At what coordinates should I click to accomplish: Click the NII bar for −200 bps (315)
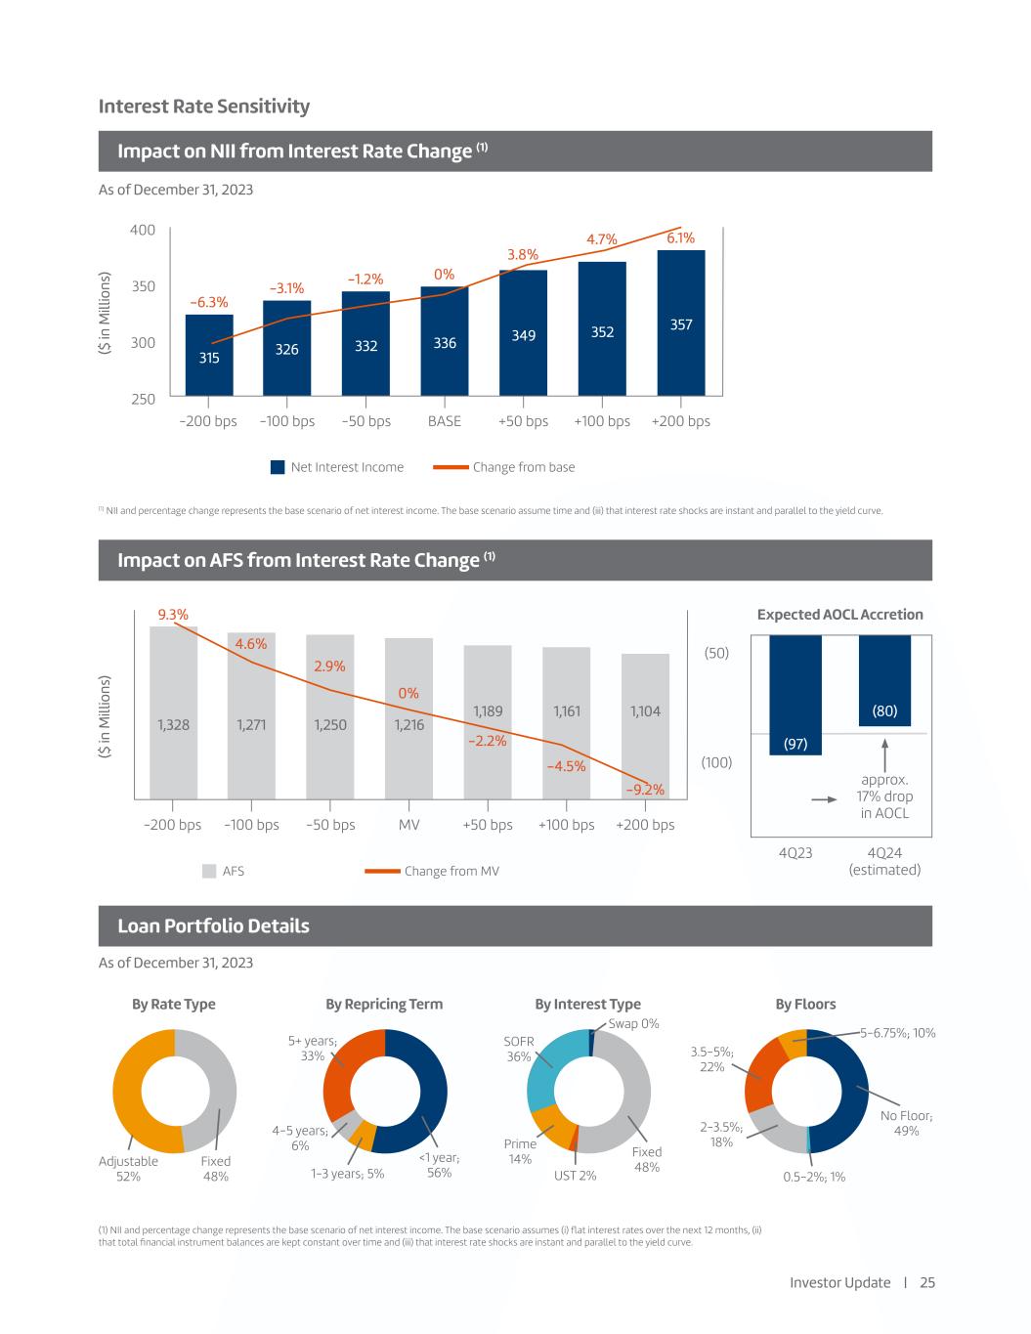click(x=209, y=356)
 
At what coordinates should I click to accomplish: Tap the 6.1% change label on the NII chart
click(x=681, y=237)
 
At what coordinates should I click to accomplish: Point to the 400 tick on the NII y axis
click(x=143, y=230)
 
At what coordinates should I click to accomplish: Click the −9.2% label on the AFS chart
click(x=645, y=790)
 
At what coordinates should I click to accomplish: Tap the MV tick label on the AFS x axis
click(x=409, y=825)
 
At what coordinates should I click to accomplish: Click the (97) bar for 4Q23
click(x=795, y=695)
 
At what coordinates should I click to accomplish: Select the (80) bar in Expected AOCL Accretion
click(x=884, y=680)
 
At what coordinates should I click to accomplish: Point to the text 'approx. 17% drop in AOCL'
click(x=885, y=796)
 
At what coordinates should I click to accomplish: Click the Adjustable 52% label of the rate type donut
click(x=128, y=1169)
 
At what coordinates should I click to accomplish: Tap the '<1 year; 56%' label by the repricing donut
click(x=440, y=1165)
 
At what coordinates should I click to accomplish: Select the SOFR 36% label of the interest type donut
click(x=519, y=1049)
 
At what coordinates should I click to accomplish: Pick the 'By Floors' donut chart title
click(x=805, y=1004)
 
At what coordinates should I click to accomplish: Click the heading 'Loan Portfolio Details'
click(x=213, y=925)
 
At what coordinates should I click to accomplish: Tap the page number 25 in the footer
click(x=927, y=1282)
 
